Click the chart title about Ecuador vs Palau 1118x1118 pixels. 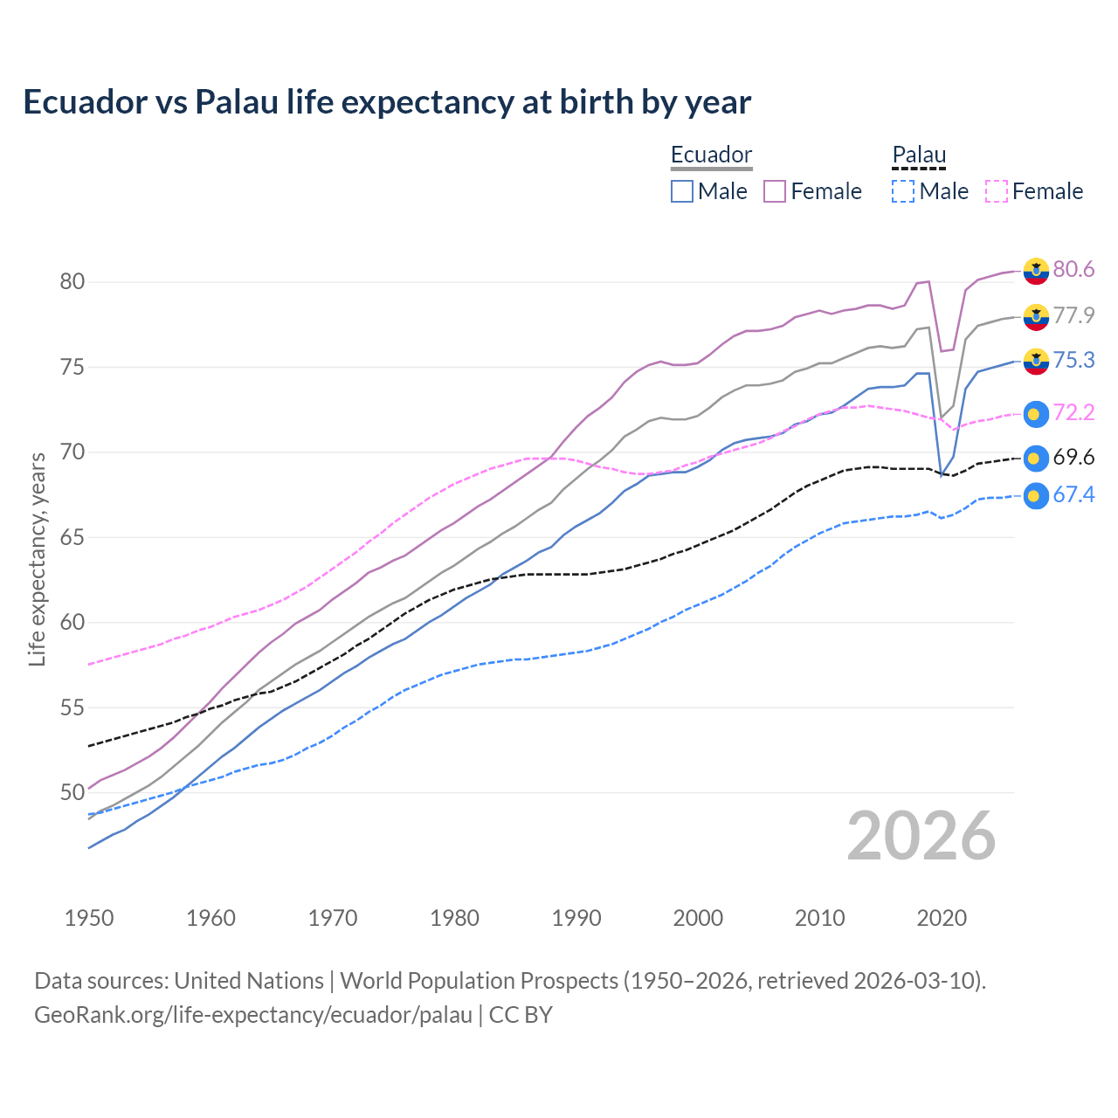click(387, 102)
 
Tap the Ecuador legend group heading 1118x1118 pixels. click(711, 155)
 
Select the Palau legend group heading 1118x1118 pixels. click(919, 155)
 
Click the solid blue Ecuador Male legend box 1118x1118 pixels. click(682, 191)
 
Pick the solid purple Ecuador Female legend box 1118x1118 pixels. click(775, 191)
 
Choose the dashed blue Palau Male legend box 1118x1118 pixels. click(903, 191)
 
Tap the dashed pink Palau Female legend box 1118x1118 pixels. click(996, 191)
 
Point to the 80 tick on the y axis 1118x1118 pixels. click(72, 281)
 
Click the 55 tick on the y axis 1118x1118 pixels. click(72, 707)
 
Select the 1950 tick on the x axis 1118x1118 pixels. click(89, 918)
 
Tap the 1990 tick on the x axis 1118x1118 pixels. click(576, 918)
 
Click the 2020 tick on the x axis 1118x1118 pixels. click(942, 918)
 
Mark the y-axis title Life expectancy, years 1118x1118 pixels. click(37, 559)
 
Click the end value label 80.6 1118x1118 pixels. click(1073, 269)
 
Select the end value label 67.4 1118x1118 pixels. click(1073, 495)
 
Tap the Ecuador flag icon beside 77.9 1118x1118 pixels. click(1036, 316)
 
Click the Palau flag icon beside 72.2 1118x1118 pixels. click(1036, 414)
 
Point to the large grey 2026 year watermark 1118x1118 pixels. click(921, 836)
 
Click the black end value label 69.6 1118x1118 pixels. click(1073, 458)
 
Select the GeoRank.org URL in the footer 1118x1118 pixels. click(253, 1015)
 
